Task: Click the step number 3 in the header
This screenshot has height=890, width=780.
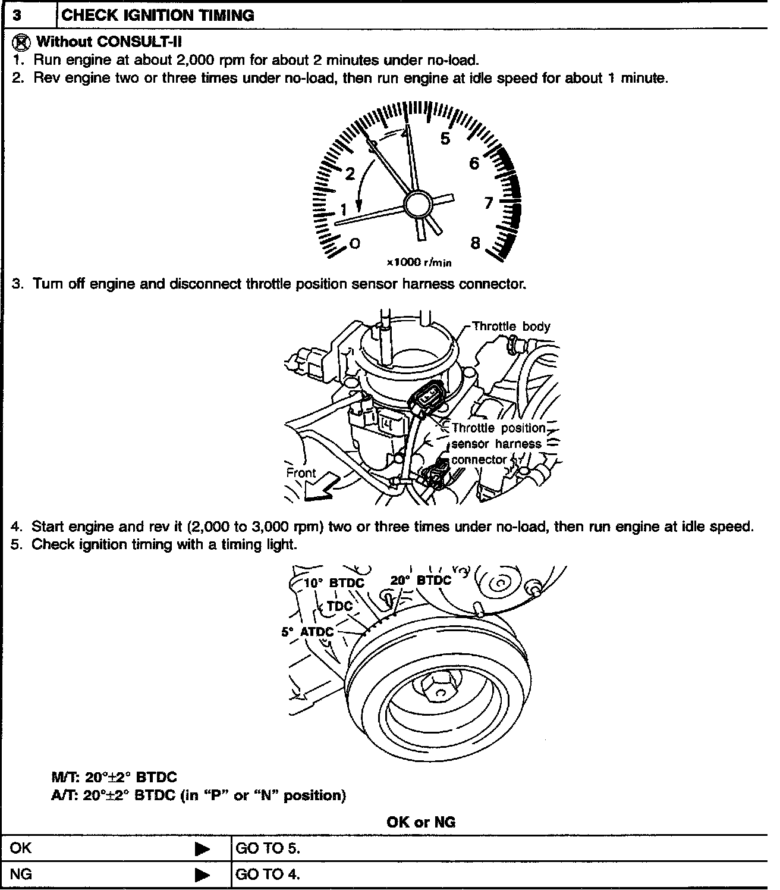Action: [x=18, y=15]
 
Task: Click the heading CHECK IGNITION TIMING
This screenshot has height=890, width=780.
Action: [x=158, y=15]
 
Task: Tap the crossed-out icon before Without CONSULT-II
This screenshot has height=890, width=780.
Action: [x=23, y=42]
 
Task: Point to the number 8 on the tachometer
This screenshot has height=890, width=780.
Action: [x=475, y=243]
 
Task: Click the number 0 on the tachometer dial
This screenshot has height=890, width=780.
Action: [x=354, y=243]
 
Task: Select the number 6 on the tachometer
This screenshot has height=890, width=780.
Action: [x=474, y=163]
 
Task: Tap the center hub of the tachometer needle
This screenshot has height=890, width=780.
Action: [x=417, y=205]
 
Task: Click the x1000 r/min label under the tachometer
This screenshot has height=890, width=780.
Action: [x=419, y=262]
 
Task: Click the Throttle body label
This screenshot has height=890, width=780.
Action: [x=511, y=326]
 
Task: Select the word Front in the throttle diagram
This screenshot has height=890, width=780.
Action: [x=301, y=473]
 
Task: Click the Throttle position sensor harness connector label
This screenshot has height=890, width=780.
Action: [x=498, y=444]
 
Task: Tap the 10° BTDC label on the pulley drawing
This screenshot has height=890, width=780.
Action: [x=334, y=582]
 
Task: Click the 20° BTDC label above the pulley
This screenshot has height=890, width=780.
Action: [x=421, y=580]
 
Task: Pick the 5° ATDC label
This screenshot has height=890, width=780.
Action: [x=307, y=632]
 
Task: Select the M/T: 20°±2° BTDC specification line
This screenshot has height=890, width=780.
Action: [x=114, y=777]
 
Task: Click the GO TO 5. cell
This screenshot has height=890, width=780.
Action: [x=268, y=848]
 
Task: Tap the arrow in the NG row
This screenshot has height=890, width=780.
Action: [x=203, y=875]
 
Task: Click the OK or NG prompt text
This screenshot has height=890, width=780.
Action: [x=420, y=822]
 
